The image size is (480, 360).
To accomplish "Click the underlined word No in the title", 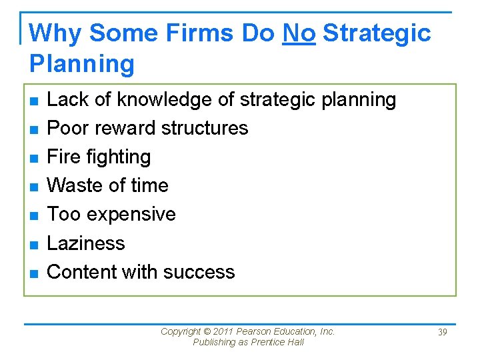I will (x=299, y=33).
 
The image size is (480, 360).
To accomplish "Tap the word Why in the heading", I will (x=56, y=33).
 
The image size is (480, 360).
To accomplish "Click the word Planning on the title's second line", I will (x=82, y=64).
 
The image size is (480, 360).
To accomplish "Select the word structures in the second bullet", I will (x=203, y=128).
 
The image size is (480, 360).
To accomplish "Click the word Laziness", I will (x=86, y=243).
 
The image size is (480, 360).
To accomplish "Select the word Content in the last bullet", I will (x=84, y=272).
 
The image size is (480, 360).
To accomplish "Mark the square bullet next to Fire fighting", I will (x=33, y=158).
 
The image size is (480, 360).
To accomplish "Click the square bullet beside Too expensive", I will (x=33, y=215).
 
